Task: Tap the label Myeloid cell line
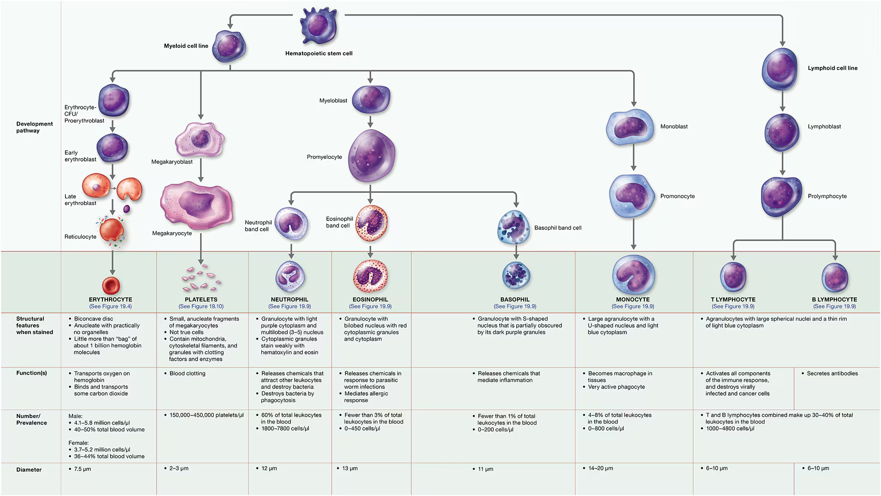(186, 46)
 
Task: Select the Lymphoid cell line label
(832, 68)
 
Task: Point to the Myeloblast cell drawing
(371, 99)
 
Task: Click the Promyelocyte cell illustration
(371, 155)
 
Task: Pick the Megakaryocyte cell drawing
(197, 205)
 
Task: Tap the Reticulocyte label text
(80, 237)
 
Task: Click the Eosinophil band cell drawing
(371, 223)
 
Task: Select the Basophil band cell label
(558, 228)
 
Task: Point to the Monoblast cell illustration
(630, 127)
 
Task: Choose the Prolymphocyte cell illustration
(781, 196)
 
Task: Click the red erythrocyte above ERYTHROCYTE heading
(111, 285)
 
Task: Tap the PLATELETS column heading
(201, 300)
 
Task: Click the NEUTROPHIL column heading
(290, 300)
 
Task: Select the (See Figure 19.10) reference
(201, 307)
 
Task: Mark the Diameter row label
(29, 470)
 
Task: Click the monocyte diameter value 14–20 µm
(601, 468)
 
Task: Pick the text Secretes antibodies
(832, 374)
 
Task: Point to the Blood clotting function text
(187, 374)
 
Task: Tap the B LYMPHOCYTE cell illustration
(835, 277)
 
